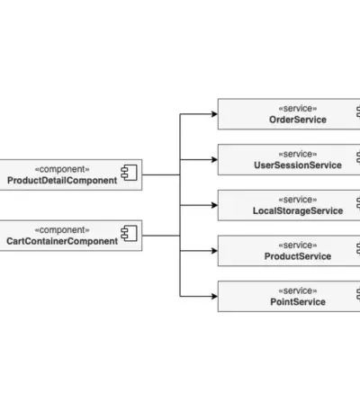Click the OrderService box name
point(298,120)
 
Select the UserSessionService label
point(298,165)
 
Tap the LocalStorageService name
point(298,210)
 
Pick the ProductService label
point(298,256)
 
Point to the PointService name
point(298,302)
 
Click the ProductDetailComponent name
point(62,181)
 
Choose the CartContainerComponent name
point(62,241)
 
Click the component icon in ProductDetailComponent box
point(129,173)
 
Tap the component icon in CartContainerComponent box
point(129,233)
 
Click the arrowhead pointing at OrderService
point(214,114)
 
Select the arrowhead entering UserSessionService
point(214,159)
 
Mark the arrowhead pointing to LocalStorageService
point(214,205)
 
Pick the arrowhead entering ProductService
point(214,251)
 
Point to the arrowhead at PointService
point(214,296)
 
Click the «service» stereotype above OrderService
point(298,108)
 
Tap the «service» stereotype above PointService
point(298,290)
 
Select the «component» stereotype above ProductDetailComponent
point(62,169)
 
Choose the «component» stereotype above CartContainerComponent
point(62,230)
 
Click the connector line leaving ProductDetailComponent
point(161,174)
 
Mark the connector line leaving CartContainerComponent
point(161,236)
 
